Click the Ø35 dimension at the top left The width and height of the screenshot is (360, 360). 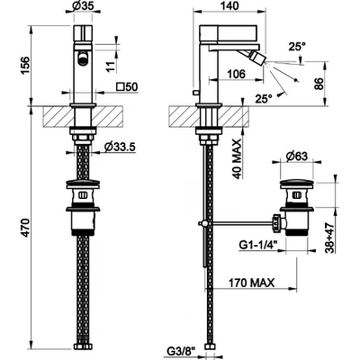83,6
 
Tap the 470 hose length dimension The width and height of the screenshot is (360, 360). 25,229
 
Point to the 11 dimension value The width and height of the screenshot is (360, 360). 111,67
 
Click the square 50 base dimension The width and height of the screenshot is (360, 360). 127,87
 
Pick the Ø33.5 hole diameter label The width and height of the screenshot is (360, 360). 120,147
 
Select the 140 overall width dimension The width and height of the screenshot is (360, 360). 229,5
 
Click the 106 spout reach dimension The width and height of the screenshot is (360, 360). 236,74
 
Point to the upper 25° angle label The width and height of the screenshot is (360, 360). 297,47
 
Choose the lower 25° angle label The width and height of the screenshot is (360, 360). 264,98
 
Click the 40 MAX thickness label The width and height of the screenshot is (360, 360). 238,159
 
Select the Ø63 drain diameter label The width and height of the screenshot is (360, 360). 297,157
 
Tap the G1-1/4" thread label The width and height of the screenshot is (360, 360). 258,246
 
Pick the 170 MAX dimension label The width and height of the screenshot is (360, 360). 251,283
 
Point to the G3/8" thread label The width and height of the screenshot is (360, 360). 180,349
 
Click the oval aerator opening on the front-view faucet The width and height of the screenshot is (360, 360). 83,58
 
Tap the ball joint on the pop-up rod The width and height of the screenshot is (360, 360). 203,223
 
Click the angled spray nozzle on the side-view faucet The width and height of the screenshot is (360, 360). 259,57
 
